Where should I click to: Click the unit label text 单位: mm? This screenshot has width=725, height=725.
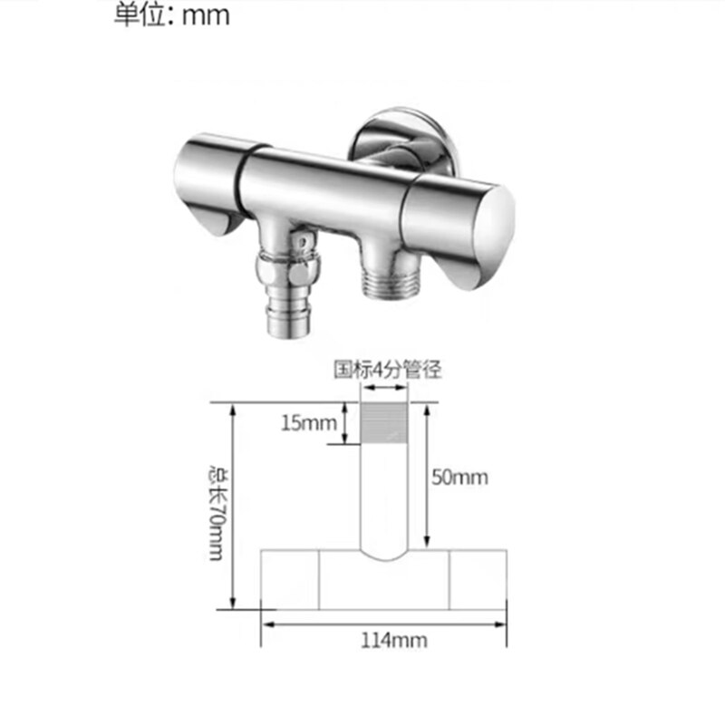tap(171, 15)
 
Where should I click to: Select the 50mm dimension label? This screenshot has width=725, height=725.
tap(459, 477)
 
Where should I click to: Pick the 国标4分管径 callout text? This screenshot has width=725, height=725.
tap(387, 369)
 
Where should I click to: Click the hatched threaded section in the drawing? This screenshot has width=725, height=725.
tap(384, 424)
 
